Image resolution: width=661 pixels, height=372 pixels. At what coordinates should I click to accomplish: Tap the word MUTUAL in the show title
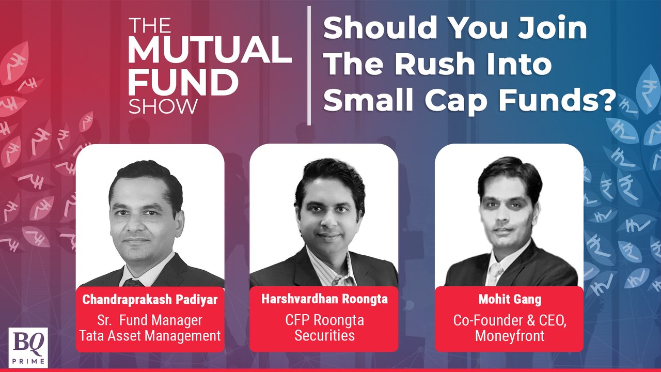209,51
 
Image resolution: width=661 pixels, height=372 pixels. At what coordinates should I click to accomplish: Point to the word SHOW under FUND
163,106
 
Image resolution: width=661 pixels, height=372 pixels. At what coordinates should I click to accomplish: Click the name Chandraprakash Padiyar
150,300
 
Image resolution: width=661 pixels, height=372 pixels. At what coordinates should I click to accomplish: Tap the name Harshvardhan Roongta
324,300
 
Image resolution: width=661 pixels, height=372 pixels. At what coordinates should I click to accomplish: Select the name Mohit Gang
509,300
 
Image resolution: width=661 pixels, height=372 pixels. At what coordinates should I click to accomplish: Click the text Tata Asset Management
150,336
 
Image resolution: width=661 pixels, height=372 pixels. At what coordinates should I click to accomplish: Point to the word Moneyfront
509,336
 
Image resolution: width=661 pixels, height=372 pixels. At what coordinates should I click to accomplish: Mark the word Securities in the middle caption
324,336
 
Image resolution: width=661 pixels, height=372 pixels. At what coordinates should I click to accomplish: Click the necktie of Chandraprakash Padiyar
133,282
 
